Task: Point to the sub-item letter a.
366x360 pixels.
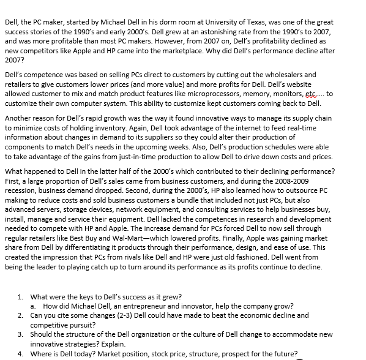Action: point(32,306)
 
